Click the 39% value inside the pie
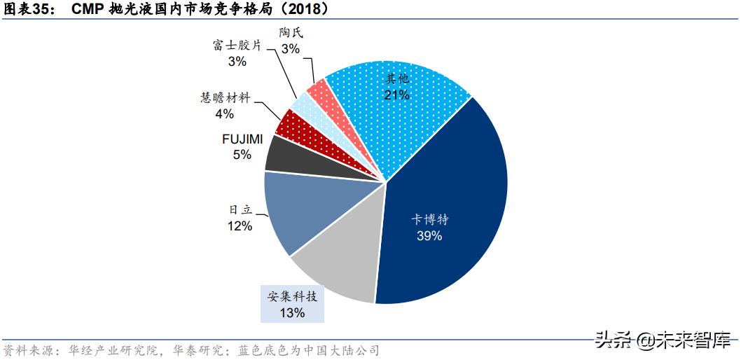(x=429, y=236)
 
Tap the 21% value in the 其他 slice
(x=396, y=95)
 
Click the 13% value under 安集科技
(x=292, y=313)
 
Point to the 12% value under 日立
(x=239, y=226)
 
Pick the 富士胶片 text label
(x=237, y=46)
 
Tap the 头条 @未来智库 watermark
(x=662, y=340)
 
